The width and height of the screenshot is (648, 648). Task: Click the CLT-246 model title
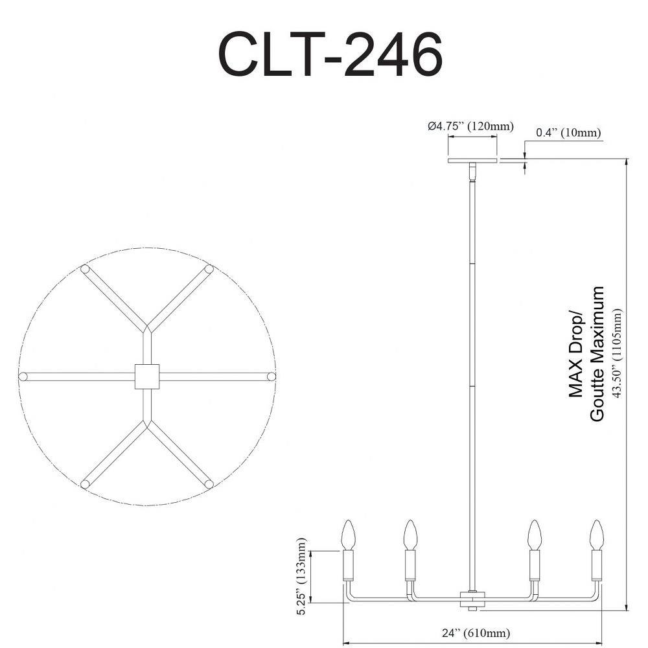[x=330, y=54]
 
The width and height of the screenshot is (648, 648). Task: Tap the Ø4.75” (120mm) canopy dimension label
[x=470, y=126]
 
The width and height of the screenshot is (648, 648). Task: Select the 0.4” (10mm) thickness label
[x=568, y=133]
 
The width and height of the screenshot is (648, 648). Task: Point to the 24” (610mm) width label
[x=476, y=632]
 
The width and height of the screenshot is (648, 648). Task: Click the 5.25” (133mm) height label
[x=303, y=577]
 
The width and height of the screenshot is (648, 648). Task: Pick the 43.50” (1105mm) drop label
[x=617, y=353]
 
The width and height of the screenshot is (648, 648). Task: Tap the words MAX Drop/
[x=575, y=356]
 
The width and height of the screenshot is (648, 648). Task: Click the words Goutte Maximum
[x=597, y=354]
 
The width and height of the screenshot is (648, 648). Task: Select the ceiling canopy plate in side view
[x=472, y=160]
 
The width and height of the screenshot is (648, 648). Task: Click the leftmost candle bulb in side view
[x=348, y=535]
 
